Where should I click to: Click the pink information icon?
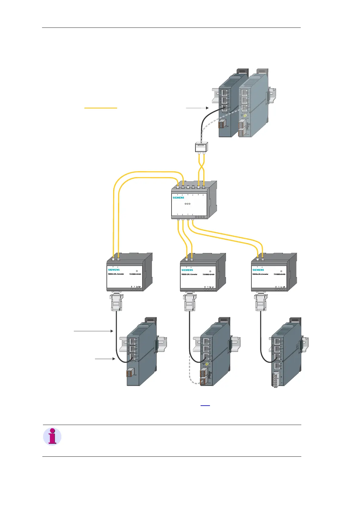52,436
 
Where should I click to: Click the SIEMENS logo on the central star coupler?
178,198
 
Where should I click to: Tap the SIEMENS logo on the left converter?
114,270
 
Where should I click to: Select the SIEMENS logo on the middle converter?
187,270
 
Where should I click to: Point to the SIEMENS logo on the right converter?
258,270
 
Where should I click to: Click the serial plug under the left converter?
116,302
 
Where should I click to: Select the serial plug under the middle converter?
190,302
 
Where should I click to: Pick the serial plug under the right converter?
261,302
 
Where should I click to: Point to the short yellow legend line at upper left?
101,108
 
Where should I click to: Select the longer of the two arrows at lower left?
93,331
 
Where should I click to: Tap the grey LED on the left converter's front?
137,271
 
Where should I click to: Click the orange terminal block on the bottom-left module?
129,373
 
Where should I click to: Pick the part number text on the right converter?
280,274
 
